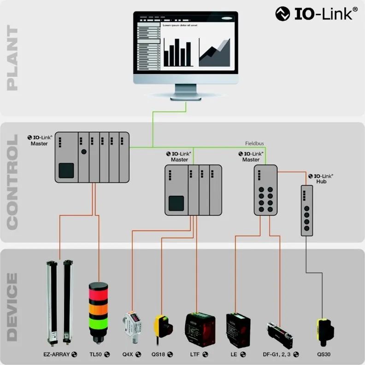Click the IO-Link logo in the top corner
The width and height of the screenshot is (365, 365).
coord(316,13)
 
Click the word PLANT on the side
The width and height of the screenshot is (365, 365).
coord(12,59)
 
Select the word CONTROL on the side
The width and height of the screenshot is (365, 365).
coord(12,182)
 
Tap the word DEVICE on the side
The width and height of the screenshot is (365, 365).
coord(12,306)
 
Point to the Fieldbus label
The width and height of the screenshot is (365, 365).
coord(255,143)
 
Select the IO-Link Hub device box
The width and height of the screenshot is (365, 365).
coord(306,211)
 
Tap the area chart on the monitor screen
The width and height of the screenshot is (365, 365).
coord(215,52)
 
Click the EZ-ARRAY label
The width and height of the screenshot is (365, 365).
coord(57,354)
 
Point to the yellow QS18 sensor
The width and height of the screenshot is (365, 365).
coord(163,324)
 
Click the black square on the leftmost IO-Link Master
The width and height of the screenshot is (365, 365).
coord(66,170)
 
